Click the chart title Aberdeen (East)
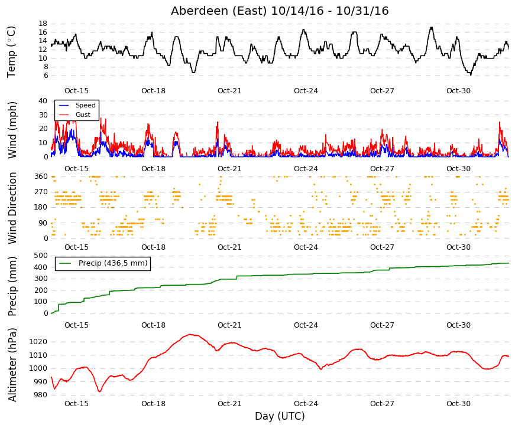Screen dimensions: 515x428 coord(218,11)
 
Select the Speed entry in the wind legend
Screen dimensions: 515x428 coord(85,105)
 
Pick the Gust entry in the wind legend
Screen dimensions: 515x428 coord(83,115)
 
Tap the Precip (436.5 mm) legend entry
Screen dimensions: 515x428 coord(113,263)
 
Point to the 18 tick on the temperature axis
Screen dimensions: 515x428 coord(43,24)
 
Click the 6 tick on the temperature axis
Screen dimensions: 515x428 coord(46,76)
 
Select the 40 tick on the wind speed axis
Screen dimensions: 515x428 coord(43,101)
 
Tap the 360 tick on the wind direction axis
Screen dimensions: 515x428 coord(41,177)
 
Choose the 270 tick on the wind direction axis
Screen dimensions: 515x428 coord(41,192)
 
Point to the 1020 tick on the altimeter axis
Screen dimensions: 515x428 coord(38,342)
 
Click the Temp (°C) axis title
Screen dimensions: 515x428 coord(11,52)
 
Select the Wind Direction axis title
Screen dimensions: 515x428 coord(12,208)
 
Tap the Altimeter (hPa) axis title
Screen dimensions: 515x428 coord(12,365)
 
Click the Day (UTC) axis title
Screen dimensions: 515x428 coord(280,416)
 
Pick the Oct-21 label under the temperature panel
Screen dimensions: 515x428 coord(229,91)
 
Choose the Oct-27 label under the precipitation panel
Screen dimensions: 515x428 coord(382,325)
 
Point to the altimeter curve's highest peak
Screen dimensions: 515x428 coord(190,334)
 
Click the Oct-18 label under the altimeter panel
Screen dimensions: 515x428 coord(153,404)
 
